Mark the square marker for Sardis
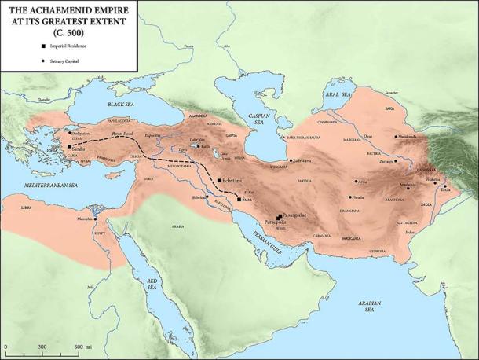pos(70,146)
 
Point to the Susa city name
pos(247,200)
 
